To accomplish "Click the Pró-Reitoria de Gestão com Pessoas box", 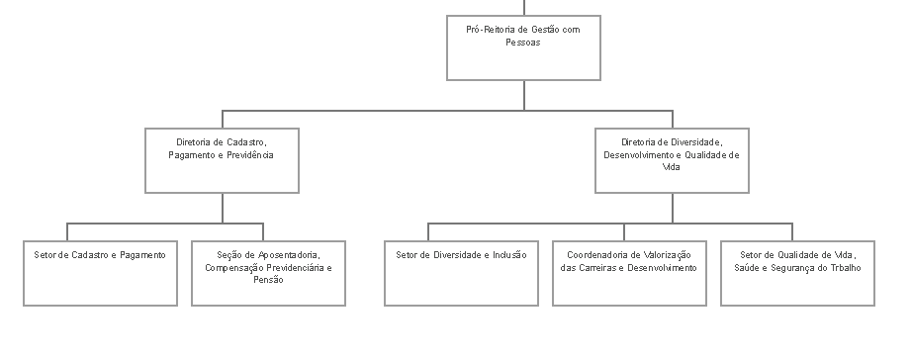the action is pyautogui.click(x=523, y=47).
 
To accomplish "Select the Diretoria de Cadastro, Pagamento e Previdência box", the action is pyautogui.click(x=222, y=160).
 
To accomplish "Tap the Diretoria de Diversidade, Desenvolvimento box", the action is pyautogui.click(x=673, y=160).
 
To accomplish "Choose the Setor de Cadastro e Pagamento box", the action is pyautogui.click(x=101, y=273).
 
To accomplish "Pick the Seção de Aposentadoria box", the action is pyautogui.click(x=268, y=273).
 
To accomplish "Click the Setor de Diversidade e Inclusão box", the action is pyautogui.click(x=461, y=273).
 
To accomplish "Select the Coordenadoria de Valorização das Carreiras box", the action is pyautogui.click(x=629, y=273).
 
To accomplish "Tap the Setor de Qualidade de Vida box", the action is pyautogui.click(x=797, y=273).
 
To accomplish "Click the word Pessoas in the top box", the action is pyautogui.click(x=523, y=43).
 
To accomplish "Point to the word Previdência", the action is pyautogui.click(x=250, y=155).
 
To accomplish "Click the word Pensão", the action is pyautogui.click(x=268, y=280).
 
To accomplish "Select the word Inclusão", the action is pyautogui.click(x=509, y=255).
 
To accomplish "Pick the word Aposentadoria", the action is pyautogui.click(x=289, y=255).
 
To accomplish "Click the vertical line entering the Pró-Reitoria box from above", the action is pyautogui.click(x=524, y=8).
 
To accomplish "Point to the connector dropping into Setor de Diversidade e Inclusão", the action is pyautogui.click(x=428, y=231).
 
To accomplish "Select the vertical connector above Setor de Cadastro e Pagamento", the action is pyautogui.click(x=67, y=231).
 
